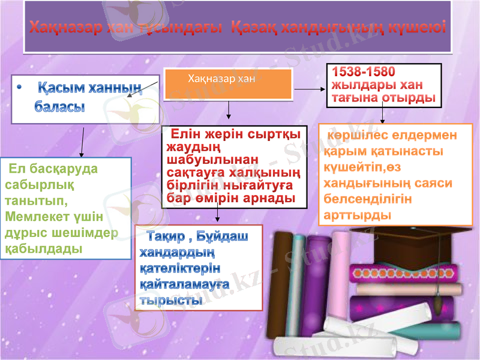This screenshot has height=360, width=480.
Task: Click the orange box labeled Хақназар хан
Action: [x=228, y=84]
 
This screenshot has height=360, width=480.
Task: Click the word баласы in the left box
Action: [x=59, y=107]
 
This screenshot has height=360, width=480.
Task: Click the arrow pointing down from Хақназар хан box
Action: [x=228, y=111]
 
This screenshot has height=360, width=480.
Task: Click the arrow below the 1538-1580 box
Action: [x=383, y=115]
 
